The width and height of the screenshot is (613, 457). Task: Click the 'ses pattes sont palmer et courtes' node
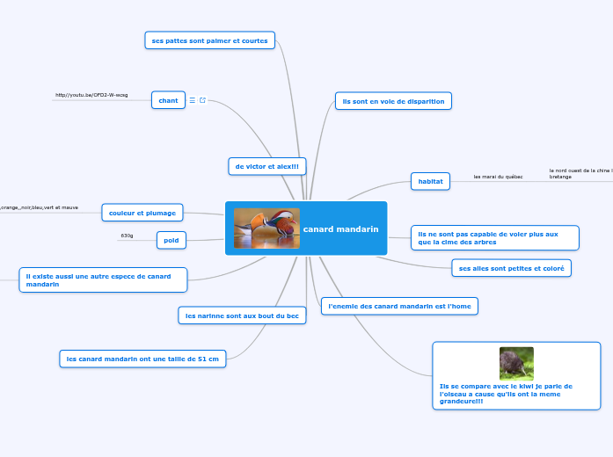click(209, 40)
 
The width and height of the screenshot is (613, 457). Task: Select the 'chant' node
click(167, 101)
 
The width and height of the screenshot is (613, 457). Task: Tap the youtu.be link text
click(91, 95)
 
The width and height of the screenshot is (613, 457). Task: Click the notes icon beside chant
click(193, 101)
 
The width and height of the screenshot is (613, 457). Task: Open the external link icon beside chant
click(203, 101)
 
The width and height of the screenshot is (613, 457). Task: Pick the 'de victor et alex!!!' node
click(263, 166)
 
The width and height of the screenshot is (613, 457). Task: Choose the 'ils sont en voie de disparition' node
click(393, 101)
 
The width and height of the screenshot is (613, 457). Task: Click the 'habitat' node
click(430, 181)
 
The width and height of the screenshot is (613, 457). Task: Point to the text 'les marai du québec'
click(498, 177)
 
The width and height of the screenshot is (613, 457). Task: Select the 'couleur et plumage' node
click(142, 213)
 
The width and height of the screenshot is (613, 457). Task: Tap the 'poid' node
click(171, 239)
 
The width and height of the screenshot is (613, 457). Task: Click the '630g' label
click(127, 236)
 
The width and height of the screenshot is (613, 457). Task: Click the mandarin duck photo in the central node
click(266, 228)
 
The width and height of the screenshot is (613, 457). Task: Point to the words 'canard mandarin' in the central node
click(340, 228)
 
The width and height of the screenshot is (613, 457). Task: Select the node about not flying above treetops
click(494, 238)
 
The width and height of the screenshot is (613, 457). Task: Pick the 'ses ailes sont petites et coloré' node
click(511, 267)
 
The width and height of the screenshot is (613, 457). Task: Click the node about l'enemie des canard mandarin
click(398, 306)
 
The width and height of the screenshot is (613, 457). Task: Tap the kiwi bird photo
click(516, 364)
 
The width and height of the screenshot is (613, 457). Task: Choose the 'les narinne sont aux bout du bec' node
click(241, 315)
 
